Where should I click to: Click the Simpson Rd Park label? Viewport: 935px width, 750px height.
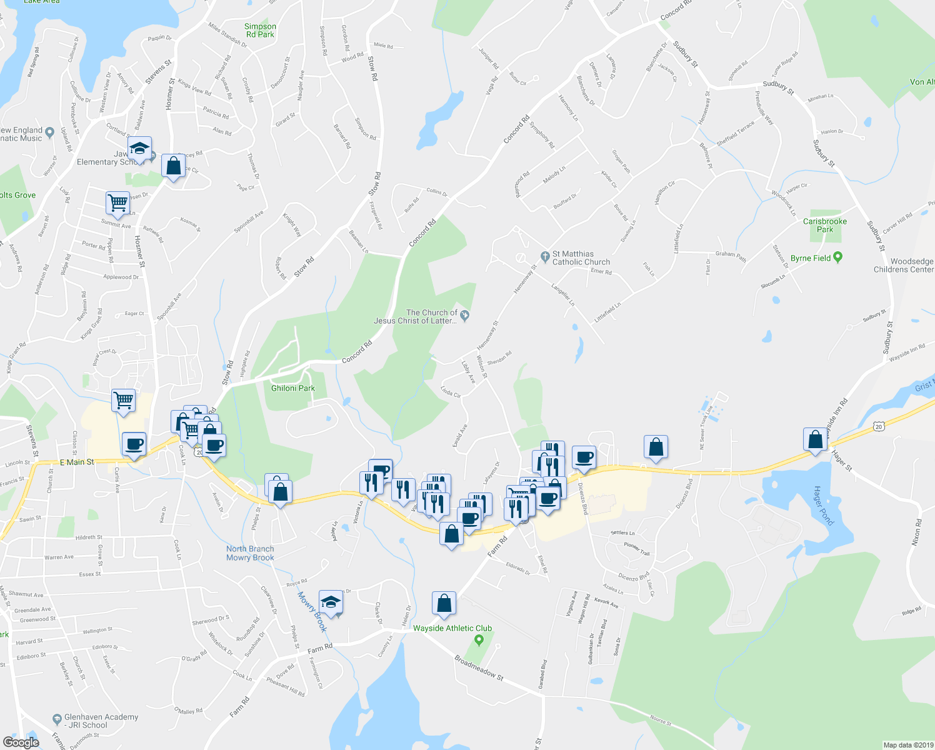(260, 30)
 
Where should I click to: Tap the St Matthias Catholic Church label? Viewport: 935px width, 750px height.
(581, 258)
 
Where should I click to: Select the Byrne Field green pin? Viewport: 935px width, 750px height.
(838, 257)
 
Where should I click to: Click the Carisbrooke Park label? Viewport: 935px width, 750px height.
(825, 225)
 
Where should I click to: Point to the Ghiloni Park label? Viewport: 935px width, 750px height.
(292, 388)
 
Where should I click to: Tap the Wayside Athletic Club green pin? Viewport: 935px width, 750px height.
(479, 639)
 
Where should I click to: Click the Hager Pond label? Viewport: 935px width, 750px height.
(823, 506)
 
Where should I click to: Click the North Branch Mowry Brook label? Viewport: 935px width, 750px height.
(250, 553)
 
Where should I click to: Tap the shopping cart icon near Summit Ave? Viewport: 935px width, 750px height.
(117, 202)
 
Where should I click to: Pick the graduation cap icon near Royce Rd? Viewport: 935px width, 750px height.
(331, 602)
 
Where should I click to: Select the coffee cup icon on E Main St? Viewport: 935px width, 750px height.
(134, 444)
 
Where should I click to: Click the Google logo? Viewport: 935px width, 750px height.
(21, 742)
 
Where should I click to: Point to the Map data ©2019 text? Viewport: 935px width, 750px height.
(907, 745)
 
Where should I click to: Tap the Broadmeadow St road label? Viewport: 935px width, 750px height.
(479, 667)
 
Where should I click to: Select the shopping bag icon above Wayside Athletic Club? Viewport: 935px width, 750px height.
(444, 603)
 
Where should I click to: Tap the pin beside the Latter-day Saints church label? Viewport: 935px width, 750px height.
(464, 314)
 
